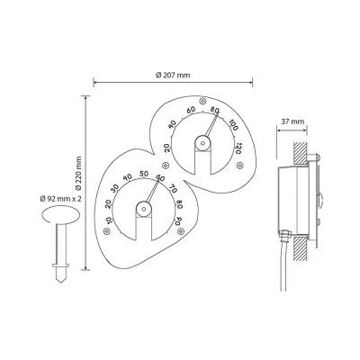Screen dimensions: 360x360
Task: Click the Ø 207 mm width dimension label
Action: click(173, 75)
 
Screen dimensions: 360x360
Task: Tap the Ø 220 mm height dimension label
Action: click(78, 174)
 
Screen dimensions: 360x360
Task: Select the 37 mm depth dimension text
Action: click(292, 121)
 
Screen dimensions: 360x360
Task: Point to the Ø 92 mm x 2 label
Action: click(61, 199)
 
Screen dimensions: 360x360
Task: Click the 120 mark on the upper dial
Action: click(238, 148)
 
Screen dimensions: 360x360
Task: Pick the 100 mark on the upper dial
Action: click(233, 125)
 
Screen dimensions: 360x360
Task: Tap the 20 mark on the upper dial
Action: click(167, 148)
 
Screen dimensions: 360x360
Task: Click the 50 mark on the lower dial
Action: click(144, 174)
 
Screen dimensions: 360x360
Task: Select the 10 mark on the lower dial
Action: click(109, 220)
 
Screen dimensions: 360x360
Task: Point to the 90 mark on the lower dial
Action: click(178, 220)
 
